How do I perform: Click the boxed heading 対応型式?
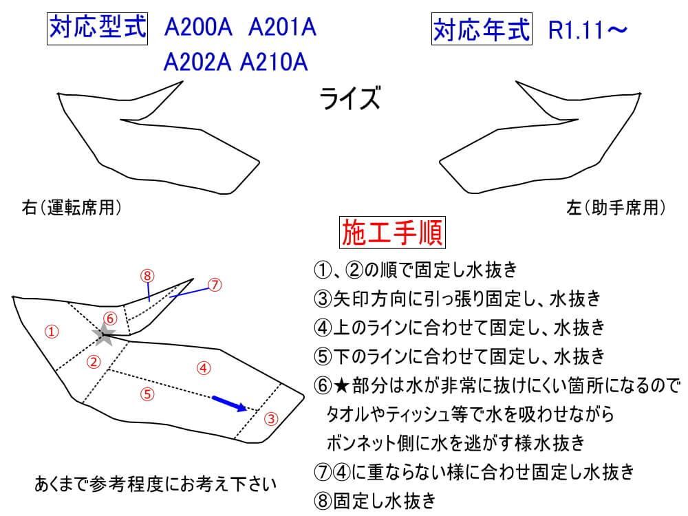[97, 28]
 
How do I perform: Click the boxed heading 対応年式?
[482, 29]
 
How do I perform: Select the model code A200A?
[197, 30]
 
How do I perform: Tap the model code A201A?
[281, 30]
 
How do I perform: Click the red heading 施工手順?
[393, 234]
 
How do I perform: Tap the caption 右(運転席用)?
[73, 207]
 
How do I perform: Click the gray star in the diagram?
[105, 335]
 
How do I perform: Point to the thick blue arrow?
[229, 403]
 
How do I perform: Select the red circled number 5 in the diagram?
[147, 394]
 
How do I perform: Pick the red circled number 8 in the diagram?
[147, 275]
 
